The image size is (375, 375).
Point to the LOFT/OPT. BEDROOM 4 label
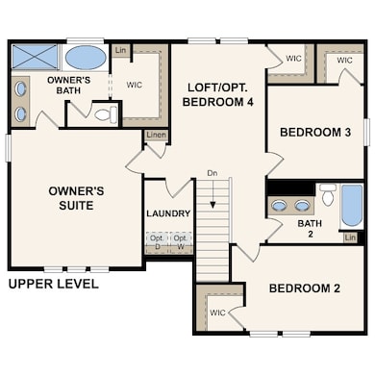pos(217,94)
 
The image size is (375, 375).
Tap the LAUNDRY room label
pos(169,213)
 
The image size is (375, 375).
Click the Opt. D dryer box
pos(155,241)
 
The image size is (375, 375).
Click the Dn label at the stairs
pos(212,174)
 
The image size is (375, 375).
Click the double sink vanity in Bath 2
pos(290,205)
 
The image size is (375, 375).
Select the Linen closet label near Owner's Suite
pos(156,137)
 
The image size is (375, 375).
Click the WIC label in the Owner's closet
pos(135,86)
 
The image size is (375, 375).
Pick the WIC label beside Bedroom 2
pos(217,312)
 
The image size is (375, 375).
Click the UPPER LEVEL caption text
pos(53,285)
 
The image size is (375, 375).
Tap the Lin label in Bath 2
pos(350,237)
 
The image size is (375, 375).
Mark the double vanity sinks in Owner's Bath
pos(23,100)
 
